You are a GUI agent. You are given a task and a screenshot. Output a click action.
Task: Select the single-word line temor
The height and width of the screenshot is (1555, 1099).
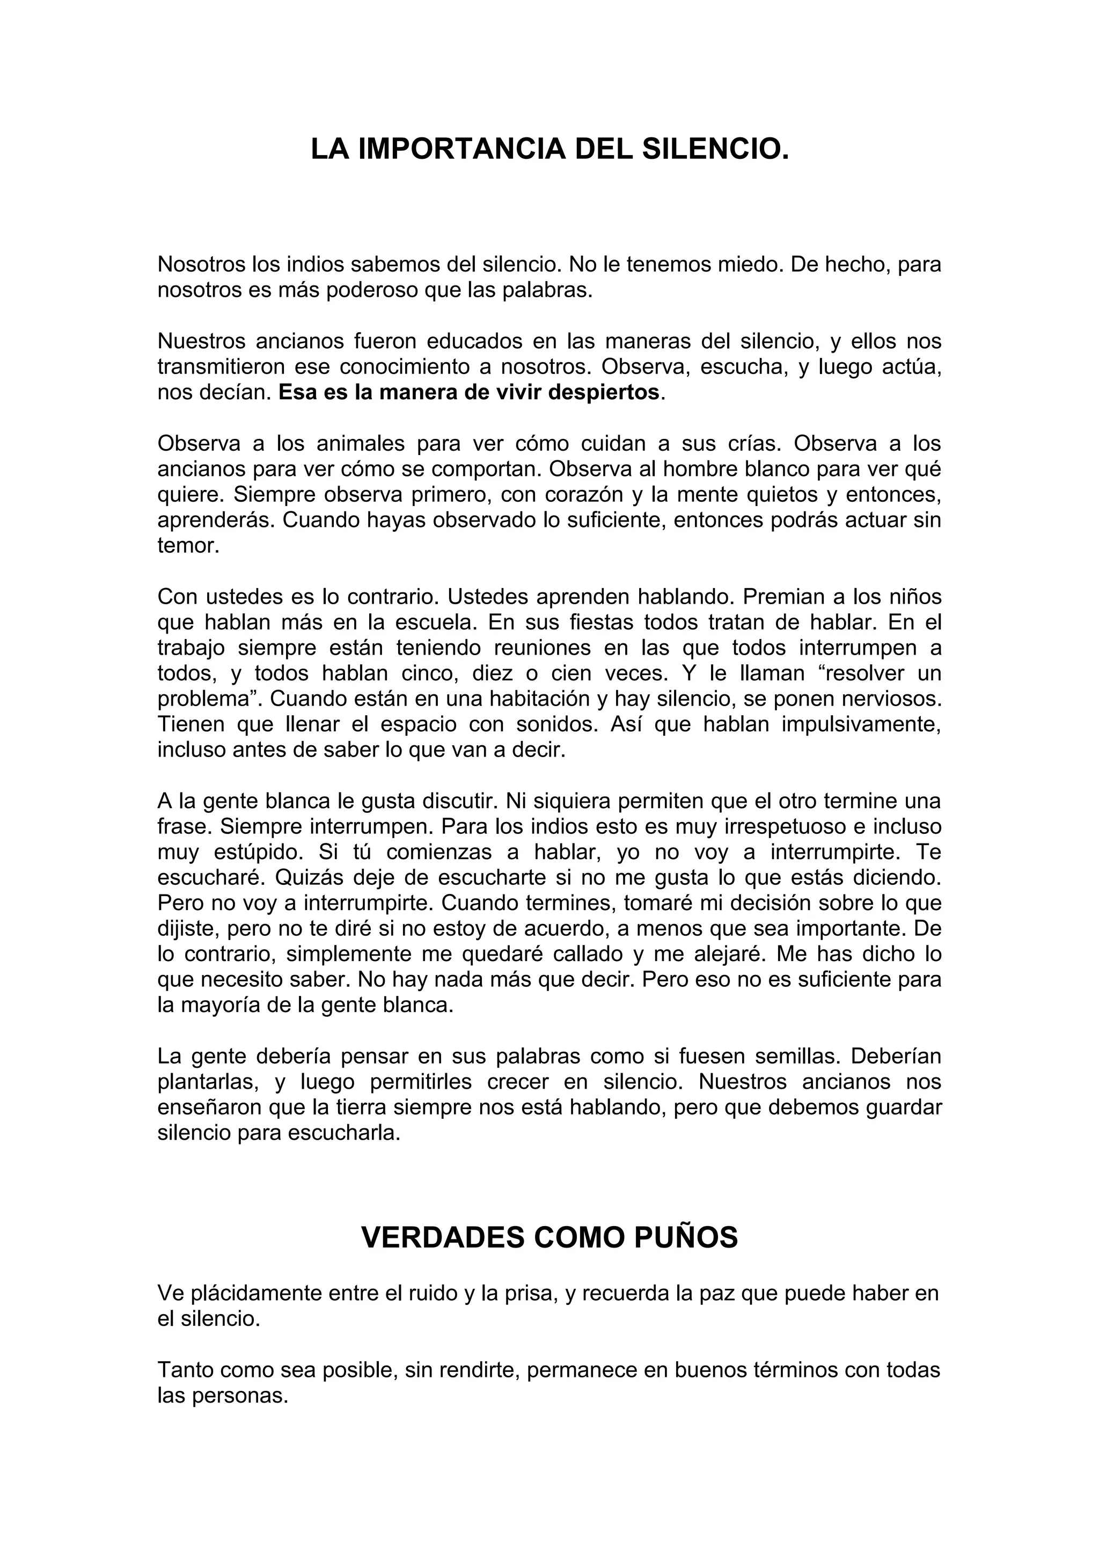[x=188, y=546]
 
